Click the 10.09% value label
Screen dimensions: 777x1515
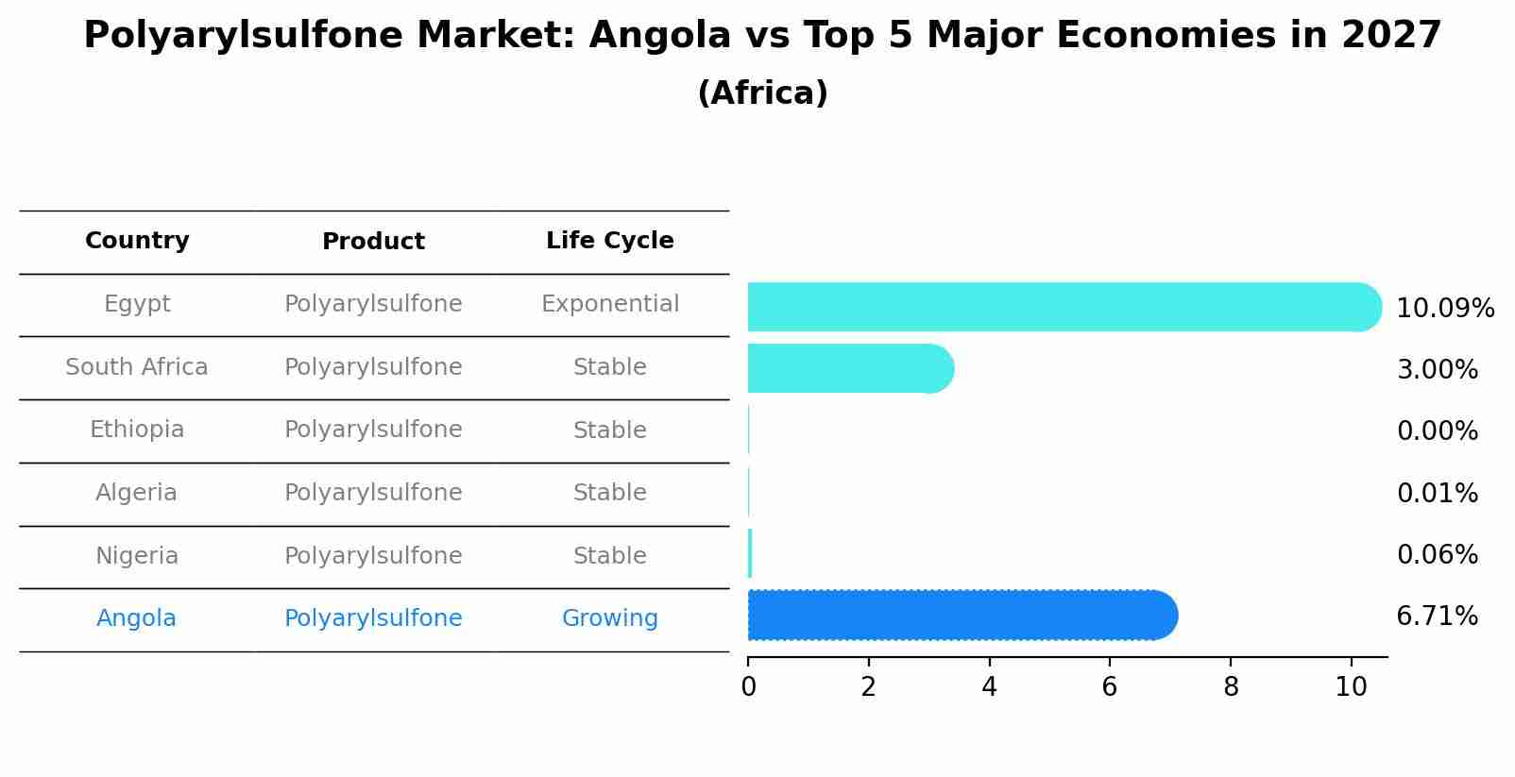(x=1444, y=309)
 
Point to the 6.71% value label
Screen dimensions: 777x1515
(x=1437, y=617)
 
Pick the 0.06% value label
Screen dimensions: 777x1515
(x=1437, y=554)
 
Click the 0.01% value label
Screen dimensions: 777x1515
(x=1437, y=493)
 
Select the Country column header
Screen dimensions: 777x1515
(x=137, y=241)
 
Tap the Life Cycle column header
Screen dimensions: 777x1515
(x=609, y=241)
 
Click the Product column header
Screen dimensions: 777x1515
(x=373, y=242)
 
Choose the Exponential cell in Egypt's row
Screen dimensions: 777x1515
(x=609, y=304)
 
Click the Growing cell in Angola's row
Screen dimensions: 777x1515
(x=609, y=618)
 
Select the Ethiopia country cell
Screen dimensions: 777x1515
(x=137, y=430)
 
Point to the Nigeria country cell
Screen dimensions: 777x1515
(x=137, y=556)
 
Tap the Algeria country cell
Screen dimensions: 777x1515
(x=137, y=493)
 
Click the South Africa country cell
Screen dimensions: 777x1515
(x=137, y=367)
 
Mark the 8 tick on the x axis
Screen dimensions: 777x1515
(x=1231, y=686)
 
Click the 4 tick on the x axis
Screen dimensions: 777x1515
(x=989, y=686)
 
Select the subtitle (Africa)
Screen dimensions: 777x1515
(x=762, y=93)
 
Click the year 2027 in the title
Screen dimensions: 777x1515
(x=1390, y=36)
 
